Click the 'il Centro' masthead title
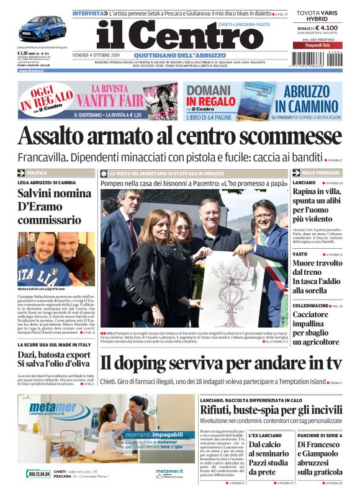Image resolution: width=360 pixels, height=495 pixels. coord(179,35)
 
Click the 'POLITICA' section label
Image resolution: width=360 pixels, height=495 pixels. coord(37,173)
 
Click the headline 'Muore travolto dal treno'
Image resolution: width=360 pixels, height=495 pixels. coord(316,268)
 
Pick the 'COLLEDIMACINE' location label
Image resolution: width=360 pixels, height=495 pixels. coord(311,306)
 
